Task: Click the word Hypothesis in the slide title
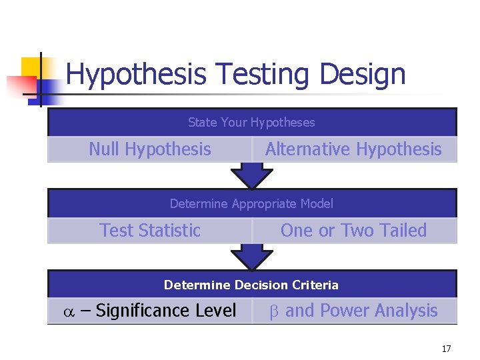click(136, 75)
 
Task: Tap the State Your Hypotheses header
click(251, 122)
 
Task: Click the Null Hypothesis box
click(150, 149)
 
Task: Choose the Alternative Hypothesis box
click(353, 149)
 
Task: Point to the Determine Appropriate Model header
click(251, 203)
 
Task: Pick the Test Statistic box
click(150, 231)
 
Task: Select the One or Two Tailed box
click(353, 231)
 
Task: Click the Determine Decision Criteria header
click(251, 285)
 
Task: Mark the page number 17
click(446, 349)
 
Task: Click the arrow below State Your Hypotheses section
click(251, 176)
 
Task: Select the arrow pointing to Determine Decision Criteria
click(251, 257)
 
